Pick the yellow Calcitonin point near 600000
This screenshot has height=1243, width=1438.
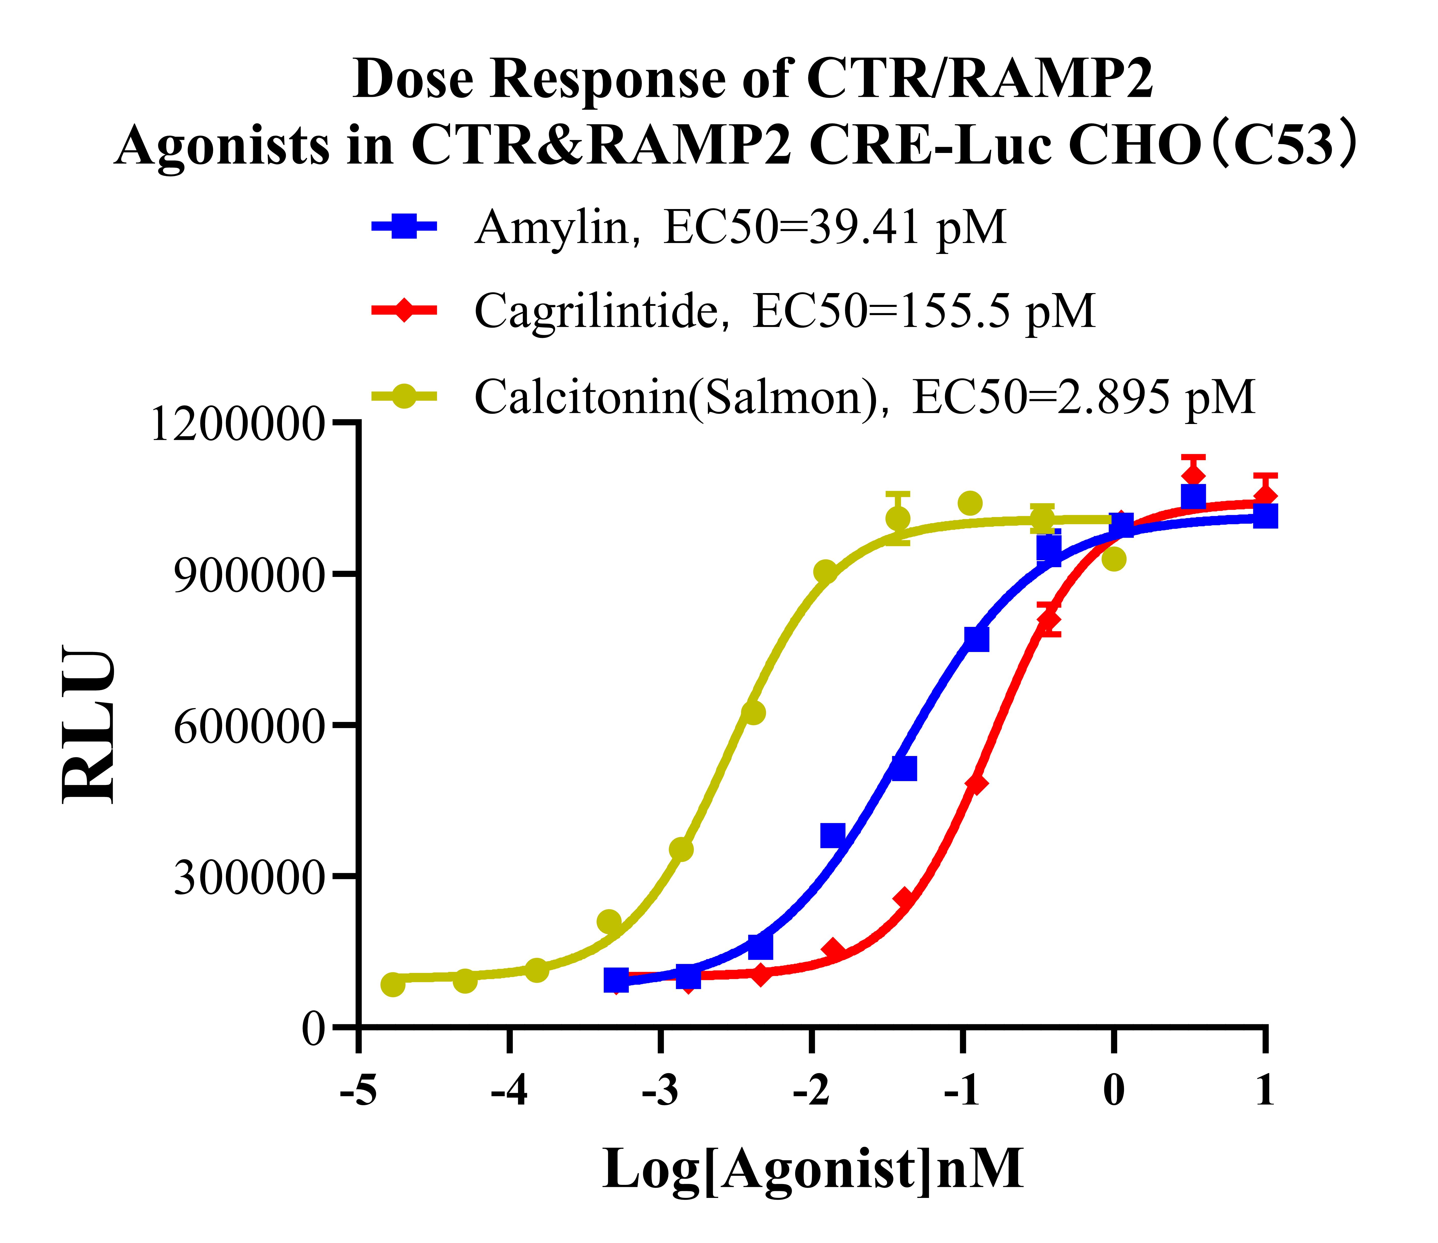tap(753, 713)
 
